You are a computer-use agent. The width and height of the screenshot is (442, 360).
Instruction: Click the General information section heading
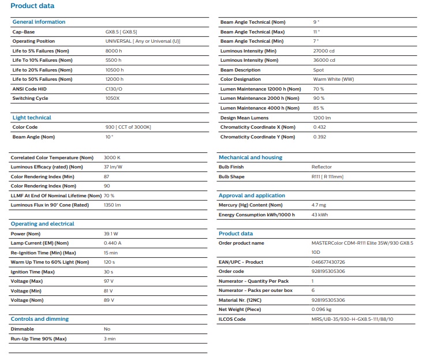tap(39, 22)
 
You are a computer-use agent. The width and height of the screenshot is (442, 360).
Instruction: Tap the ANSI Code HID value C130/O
tap(114, 89)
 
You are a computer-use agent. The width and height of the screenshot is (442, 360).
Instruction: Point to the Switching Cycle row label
tap(30, 98)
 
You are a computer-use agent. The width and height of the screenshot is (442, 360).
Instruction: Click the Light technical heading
tap(32, 118)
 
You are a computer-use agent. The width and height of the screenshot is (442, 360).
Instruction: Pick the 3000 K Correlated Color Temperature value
tap(111, 157)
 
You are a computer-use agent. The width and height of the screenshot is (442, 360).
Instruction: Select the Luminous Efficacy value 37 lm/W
tap(113, 167)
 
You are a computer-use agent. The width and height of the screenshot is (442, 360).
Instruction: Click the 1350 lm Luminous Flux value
tap(112, 205)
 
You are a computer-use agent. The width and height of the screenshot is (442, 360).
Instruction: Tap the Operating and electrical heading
tap(42, 224)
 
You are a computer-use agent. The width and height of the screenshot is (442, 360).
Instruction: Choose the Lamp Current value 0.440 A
tap(113, 243)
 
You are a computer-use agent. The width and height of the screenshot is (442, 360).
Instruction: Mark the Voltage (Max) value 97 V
tap(108, 281)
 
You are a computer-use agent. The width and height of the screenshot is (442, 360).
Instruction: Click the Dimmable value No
tap(107, 329)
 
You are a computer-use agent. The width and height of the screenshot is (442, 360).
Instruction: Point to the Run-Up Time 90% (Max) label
tap(39, 339)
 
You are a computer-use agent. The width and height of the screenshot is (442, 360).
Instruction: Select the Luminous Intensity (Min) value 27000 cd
tap(324, 51)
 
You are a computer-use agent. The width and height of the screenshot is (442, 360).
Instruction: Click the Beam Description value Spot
tap(318, 70)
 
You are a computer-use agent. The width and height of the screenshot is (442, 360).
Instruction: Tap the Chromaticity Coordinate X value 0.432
tap(319, 127)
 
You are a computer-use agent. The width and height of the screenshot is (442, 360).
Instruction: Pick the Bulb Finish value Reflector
tap(321, 167)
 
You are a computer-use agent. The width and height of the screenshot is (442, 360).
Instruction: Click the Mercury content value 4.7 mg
tap(319, 205)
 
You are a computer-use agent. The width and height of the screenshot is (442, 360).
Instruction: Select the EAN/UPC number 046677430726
tap(327, 262)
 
